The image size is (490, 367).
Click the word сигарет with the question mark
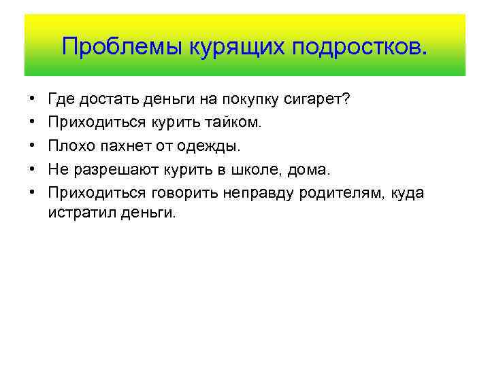tap(321, 100)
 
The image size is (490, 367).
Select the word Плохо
tap(68, 146)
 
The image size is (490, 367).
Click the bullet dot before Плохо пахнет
tap(33, 146)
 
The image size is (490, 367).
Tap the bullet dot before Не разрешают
tap(33, 169)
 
